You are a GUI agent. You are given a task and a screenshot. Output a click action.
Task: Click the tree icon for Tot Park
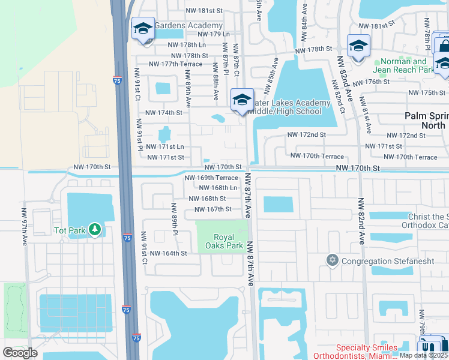[94, 229]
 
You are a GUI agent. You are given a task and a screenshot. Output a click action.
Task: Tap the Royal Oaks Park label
[223, 241]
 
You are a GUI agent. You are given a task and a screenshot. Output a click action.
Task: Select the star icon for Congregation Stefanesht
[332, 260]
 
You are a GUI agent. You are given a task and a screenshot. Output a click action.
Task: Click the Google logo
[20, 353]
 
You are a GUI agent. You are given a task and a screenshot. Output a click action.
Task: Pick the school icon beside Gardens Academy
[143, 28]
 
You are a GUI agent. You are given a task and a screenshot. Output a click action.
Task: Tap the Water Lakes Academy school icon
[242, 99]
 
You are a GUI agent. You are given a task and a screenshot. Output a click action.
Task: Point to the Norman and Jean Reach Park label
[404, 65]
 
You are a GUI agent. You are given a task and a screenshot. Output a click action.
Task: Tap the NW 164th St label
[169, 253]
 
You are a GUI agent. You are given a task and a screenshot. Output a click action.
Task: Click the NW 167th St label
[208, 209]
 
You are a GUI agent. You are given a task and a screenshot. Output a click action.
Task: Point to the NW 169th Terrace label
[211, 178]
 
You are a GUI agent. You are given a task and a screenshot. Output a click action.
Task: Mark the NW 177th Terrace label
[175, 64]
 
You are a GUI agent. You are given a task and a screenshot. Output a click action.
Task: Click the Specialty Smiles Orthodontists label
[366, 352]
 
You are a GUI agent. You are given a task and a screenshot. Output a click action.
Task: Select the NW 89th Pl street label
[174, 218]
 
